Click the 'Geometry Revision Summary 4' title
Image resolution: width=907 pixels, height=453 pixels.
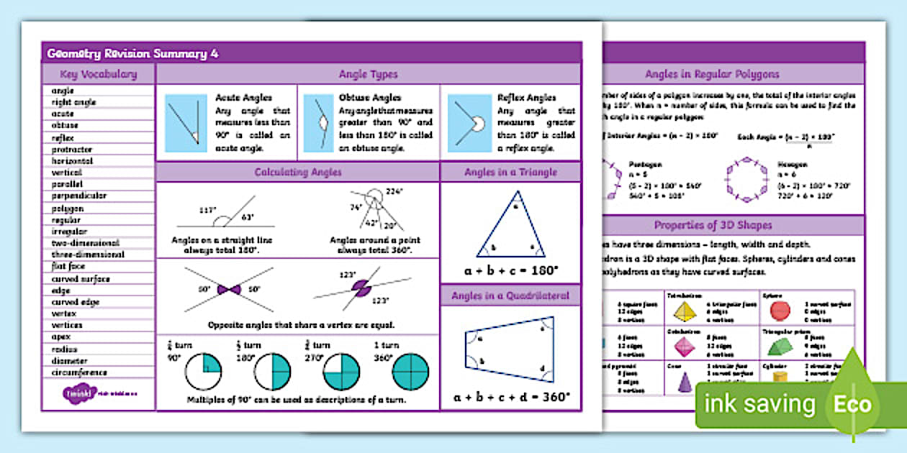tap(133, 54)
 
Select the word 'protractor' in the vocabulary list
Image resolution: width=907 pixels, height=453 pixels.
tap(72, 150)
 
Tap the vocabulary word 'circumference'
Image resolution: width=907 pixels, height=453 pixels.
tap(79, 372)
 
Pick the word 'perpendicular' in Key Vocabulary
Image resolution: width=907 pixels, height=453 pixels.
tap(79, 196)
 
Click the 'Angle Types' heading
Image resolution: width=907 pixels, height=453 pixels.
tap(368, 74)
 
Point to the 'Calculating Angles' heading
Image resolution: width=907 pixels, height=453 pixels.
tap(298, 173)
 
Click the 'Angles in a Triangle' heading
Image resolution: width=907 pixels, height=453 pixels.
tap(510, 173)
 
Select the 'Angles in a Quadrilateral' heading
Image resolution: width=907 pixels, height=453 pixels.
tap(510, 296)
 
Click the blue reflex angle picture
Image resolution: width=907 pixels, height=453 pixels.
tap(470, 123)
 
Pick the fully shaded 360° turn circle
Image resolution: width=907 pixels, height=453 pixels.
tap(410, 372)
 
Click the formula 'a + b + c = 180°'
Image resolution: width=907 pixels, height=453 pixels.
tap(510, 271)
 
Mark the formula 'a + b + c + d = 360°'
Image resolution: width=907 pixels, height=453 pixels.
tap(511, 396)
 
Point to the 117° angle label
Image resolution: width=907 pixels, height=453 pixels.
tap(207, 211)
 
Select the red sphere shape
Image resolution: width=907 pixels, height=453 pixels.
tap(780, 310)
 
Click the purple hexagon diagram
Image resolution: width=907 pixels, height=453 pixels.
tap(744, 177)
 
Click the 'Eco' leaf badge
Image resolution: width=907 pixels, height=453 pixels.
tap(853, 403)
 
